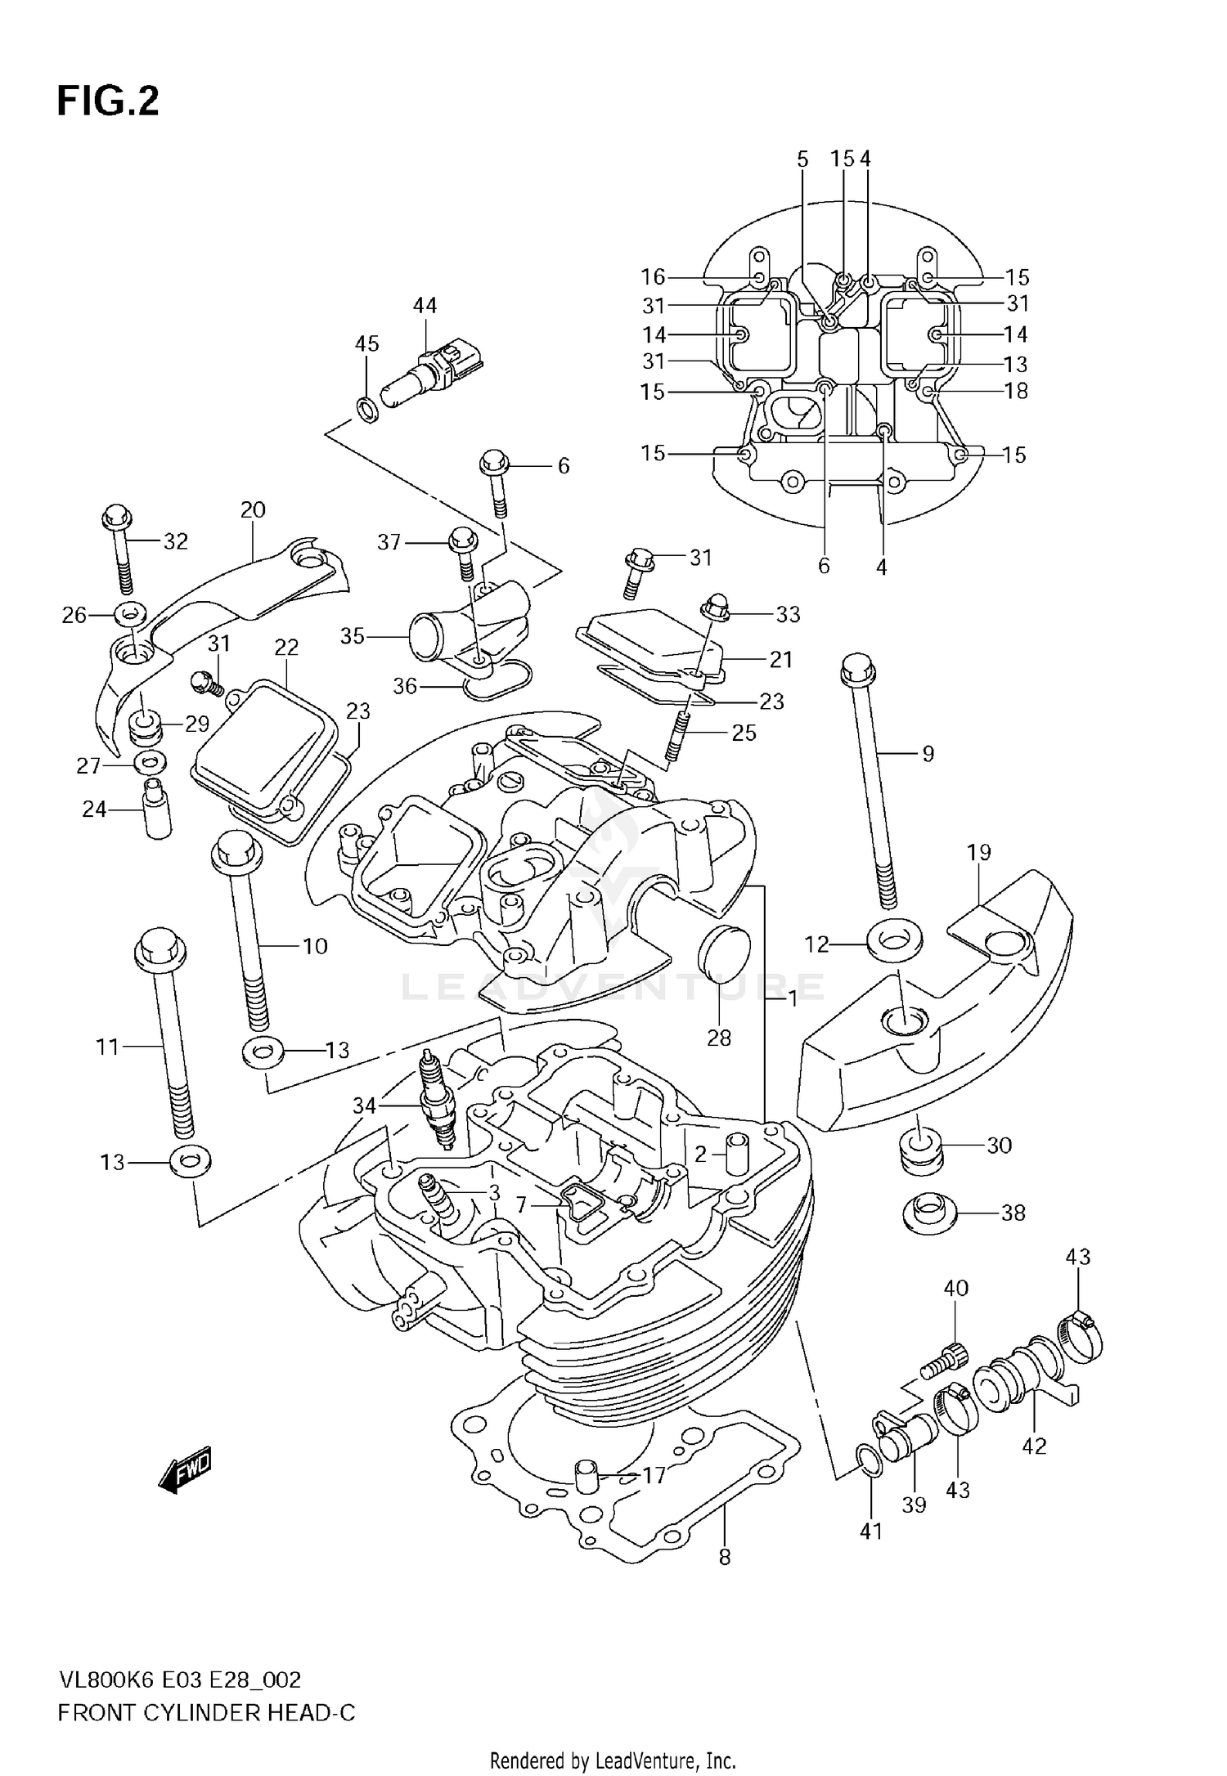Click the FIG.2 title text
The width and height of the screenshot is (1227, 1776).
click(108, 102)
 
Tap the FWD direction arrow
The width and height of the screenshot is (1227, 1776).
click(185, 1473)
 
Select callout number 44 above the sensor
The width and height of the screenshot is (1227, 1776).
click(425, 306)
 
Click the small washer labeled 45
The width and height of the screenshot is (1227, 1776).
click(369, 408)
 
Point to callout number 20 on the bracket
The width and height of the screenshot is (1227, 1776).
click(253, 510)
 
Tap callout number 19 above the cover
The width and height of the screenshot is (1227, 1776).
click(978, 853)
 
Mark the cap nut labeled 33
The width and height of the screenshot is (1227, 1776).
click(714, 609)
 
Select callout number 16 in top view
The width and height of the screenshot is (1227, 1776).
click(653, 277)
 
